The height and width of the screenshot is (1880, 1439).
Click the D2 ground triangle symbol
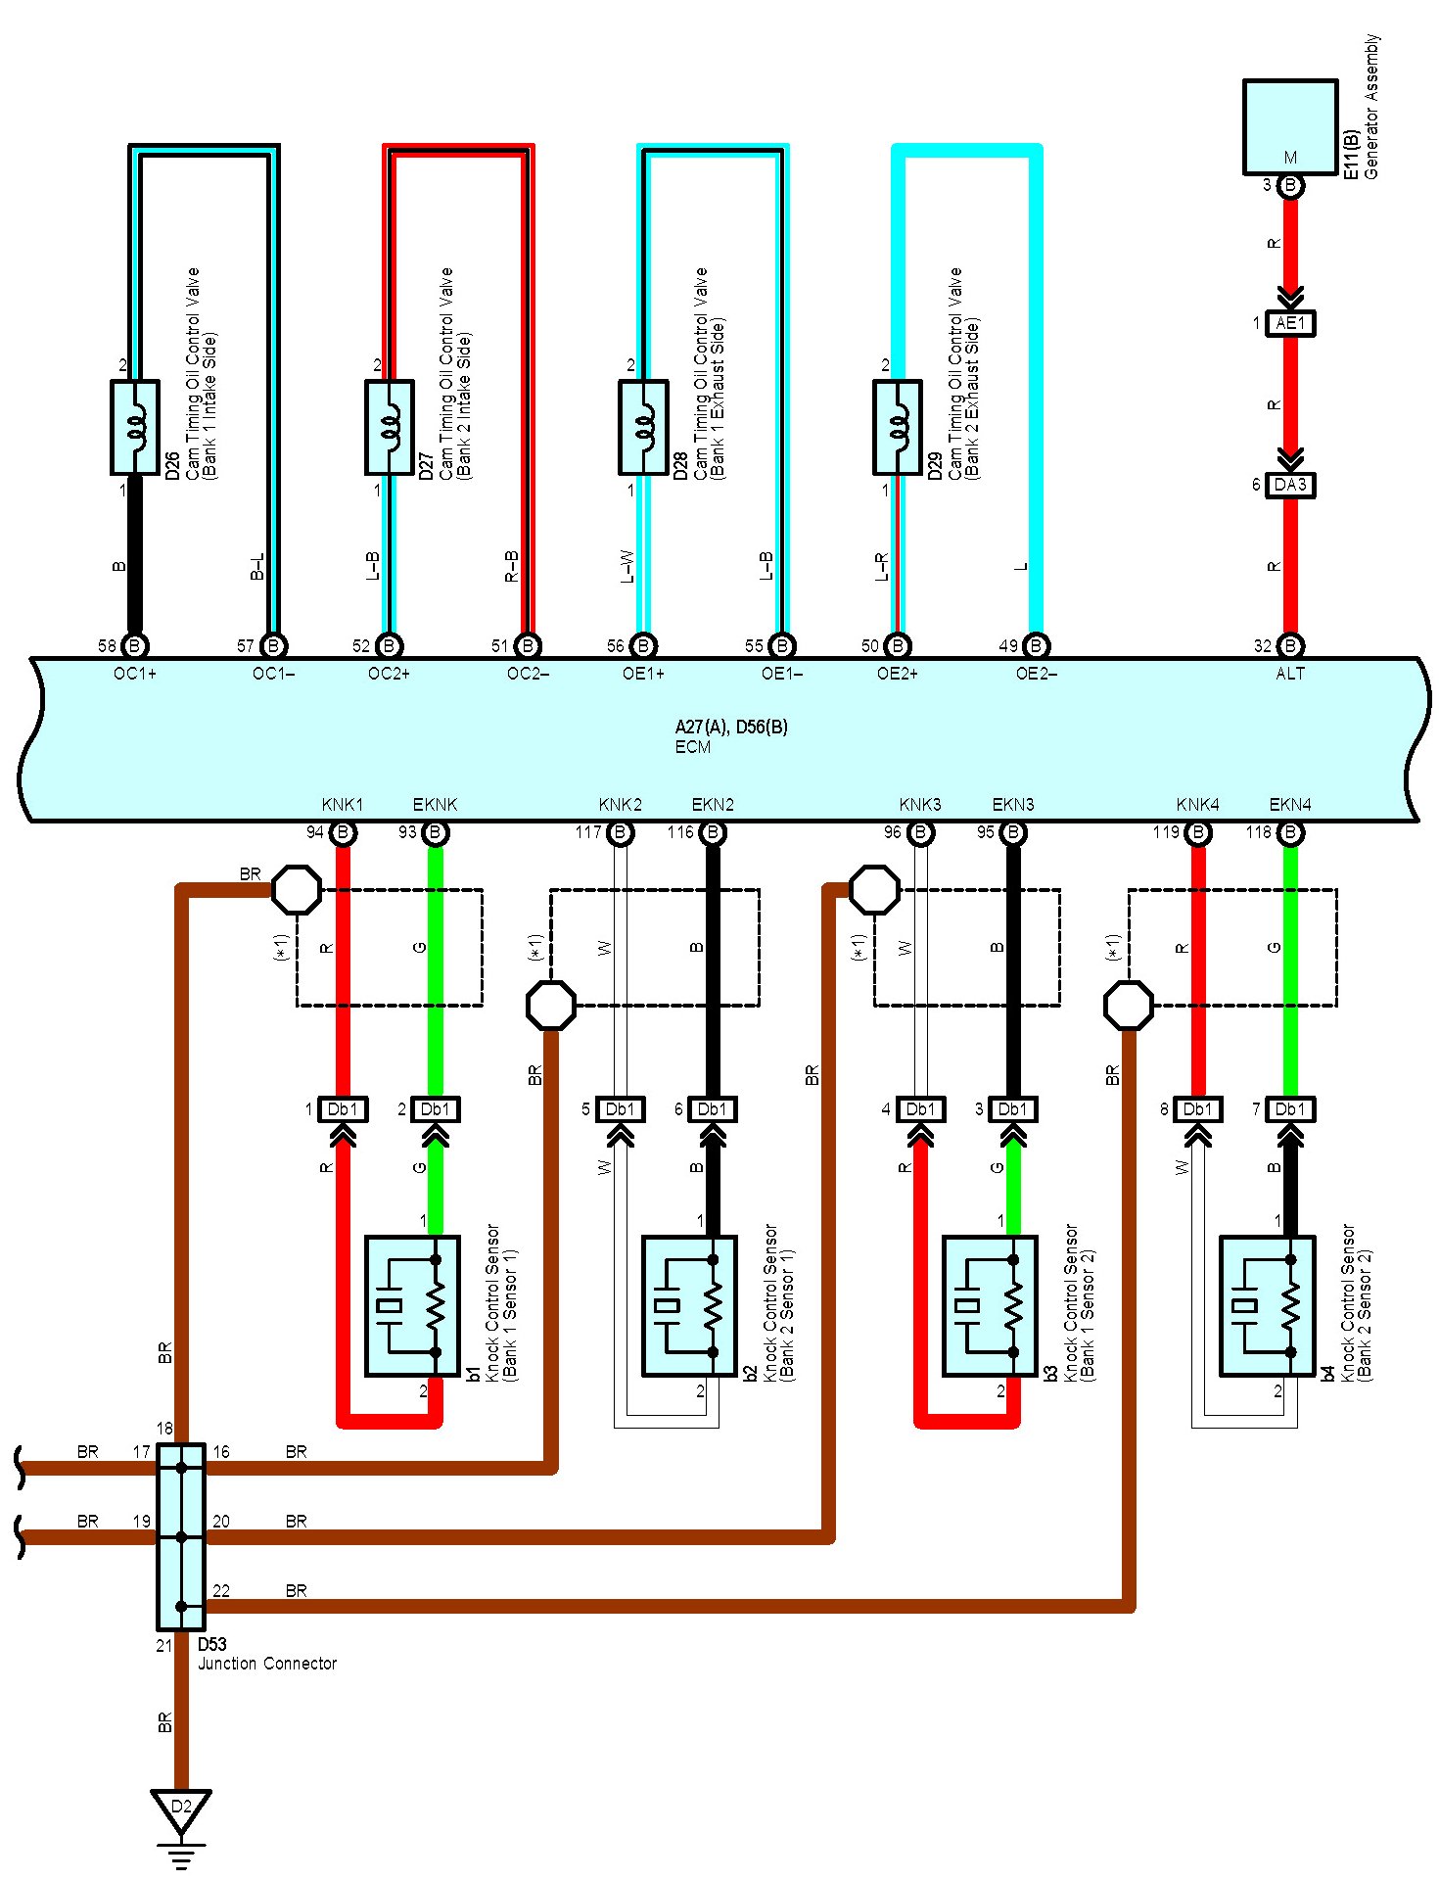tap(181, 1810)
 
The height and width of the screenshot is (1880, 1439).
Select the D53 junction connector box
tap(181, 1536)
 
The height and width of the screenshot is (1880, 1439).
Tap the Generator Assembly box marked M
tap(1290, 127)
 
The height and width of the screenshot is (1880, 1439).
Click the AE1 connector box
tap(1290, 323)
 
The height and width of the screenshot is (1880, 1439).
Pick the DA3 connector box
tap(1290, 485)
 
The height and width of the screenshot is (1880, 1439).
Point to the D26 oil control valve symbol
tap(135, 427)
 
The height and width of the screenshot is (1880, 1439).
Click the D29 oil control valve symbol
tap(898, 427)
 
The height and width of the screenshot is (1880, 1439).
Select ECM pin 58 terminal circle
tap(135, 646)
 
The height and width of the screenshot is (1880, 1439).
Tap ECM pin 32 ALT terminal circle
tap(1290, 646)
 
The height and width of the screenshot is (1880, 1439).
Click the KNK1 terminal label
tap(343, 805)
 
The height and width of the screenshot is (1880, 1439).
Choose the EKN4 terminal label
tap(1290, 805)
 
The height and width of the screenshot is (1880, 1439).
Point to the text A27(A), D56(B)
tap(731, 727)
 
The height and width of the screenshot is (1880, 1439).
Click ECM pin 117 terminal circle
tap(620, 833)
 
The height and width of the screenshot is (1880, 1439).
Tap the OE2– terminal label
tap(1037, 674)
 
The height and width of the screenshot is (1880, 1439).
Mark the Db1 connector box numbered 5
tap(620, 1109)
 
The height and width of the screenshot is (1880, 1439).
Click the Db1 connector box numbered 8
tap(1197, 1109)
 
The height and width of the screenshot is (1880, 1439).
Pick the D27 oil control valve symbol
tap(389, 427)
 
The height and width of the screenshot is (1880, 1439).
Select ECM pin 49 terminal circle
tap(1036, 646)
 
